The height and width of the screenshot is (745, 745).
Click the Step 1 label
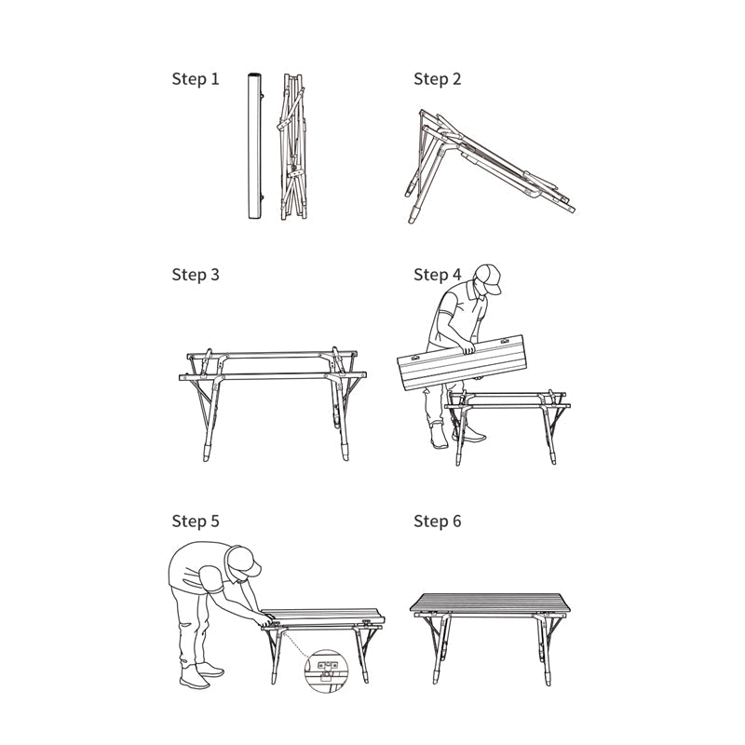[196, 79]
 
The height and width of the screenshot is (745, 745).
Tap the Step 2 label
[437, 79]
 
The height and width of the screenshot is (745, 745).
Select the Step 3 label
[196, 275]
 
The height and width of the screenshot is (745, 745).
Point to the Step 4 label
[437, 275]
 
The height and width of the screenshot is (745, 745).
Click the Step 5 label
[196, 521]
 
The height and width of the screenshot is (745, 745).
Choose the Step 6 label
[437, 521]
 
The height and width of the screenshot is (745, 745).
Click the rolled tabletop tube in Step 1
[255, 146]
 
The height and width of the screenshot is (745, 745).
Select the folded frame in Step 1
[292, 146]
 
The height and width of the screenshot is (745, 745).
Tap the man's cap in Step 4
[489, 278]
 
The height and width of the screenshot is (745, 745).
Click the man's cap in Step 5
[244, 562]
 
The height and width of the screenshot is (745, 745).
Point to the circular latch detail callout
[326, 670]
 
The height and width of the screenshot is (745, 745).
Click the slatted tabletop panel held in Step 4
[462, 362]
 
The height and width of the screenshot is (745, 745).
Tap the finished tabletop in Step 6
[490, 603]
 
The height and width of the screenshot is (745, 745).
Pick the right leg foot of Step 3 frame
[345, 452]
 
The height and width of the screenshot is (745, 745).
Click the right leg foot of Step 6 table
[548, 677]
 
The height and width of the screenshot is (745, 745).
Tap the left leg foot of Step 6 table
[436, 676]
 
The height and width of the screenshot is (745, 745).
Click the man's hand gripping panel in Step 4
[468, 348]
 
